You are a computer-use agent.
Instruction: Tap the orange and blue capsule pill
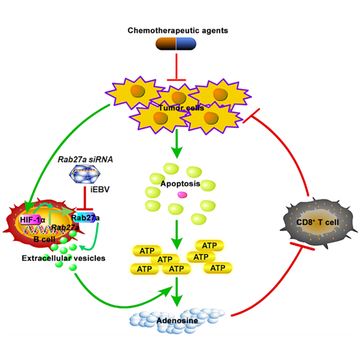tap(176, 44)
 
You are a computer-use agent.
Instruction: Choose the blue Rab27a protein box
tap(84, 218)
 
